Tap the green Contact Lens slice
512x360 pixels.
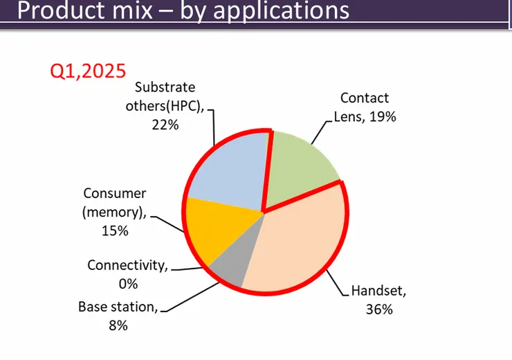pos(300,167)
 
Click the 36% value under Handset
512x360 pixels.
pos(379,309)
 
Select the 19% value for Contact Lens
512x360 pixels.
pos(382,116)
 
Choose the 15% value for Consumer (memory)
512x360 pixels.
pos(114,231)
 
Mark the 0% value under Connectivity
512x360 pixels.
pos(127,283)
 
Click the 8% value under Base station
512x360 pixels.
pos(117,325)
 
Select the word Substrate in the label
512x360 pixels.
pos(165,87)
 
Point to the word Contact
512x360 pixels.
pos(365,98)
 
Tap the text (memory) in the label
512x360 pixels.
pos(114,212)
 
